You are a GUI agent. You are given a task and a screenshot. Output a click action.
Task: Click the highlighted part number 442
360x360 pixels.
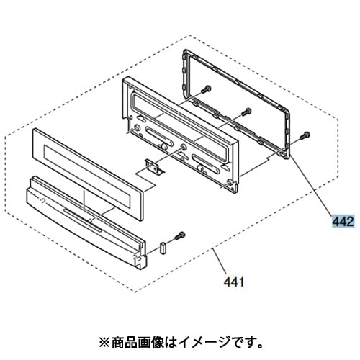point(343,221)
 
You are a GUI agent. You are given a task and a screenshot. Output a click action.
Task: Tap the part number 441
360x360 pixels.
point(234,282)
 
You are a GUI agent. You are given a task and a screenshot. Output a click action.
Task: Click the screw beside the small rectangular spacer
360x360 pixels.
point(179,235)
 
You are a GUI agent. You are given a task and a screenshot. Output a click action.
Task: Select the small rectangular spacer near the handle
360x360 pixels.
point(163,248)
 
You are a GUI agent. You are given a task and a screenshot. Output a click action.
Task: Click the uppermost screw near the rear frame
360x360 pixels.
point(206,89)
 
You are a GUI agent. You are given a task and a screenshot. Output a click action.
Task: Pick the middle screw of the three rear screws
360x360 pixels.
point(246,112)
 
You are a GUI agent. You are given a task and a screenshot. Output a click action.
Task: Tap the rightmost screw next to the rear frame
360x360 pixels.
point(305,135)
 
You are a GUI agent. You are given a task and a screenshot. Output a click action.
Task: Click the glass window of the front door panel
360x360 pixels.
point(87,177)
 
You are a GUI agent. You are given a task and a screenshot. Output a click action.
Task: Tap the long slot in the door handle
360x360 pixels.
point(83,219)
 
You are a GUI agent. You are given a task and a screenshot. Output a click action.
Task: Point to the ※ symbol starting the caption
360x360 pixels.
point(104,343)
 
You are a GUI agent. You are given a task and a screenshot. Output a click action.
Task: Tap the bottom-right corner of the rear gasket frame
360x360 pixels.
point(288,158)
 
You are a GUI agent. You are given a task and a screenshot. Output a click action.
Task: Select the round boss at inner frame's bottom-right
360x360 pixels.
point(230,182)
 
